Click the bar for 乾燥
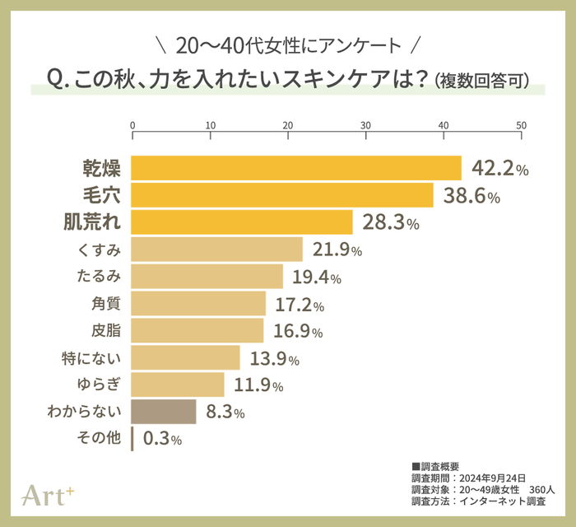tap(296, 168)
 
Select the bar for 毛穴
tap(282, 195)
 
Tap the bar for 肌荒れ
tap(242, 222)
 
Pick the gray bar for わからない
tap(164, 411)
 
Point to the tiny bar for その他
tap(132, 438)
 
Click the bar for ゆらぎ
tap(178, 385)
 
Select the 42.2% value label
tap(499, 169)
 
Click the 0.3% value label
tap(161, 439)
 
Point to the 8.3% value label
tap(225, 412)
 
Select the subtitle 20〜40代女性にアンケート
tap(288, 44)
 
